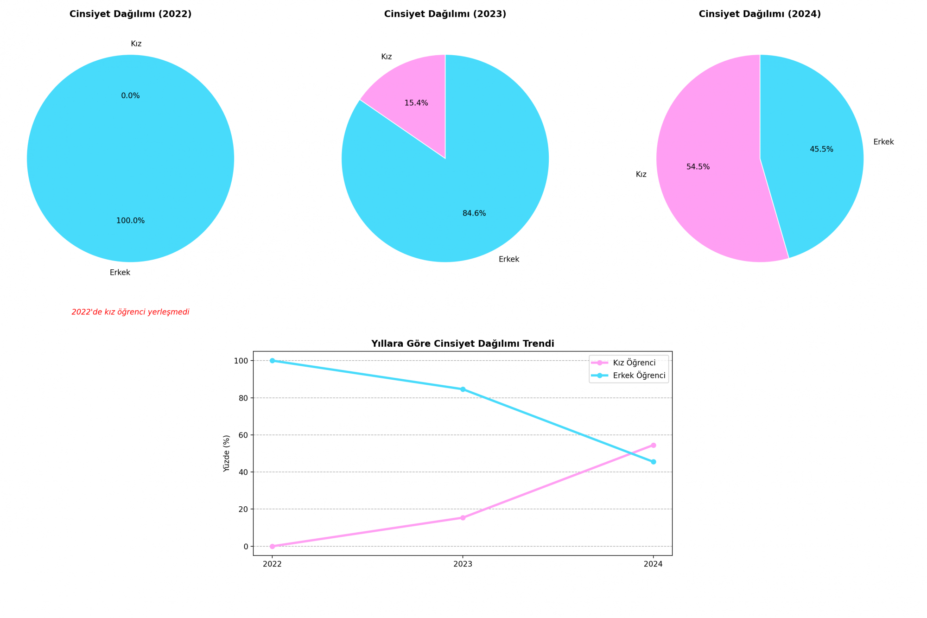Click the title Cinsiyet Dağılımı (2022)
click(130, 14)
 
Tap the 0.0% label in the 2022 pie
click(130, 96)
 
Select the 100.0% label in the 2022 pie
click(130, 221)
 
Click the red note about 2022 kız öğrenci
click(130, 312)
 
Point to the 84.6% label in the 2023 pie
click(474, 214)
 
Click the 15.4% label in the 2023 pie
click(416, 103)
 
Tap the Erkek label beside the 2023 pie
click(509, 260)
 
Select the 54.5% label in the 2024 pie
click(698, 167)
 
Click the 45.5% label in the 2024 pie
click(821, 150)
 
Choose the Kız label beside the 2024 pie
click(641, 175)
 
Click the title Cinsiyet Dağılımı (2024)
click(760, 14)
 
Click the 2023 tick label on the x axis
click(463, 564)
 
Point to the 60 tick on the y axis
click(244, 435)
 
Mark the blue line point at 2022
click(272, 361)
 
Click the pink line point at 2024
click(653, 445)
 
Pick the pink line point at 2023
click(463, 518)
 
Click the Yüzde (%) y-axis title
click(227, 453)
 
